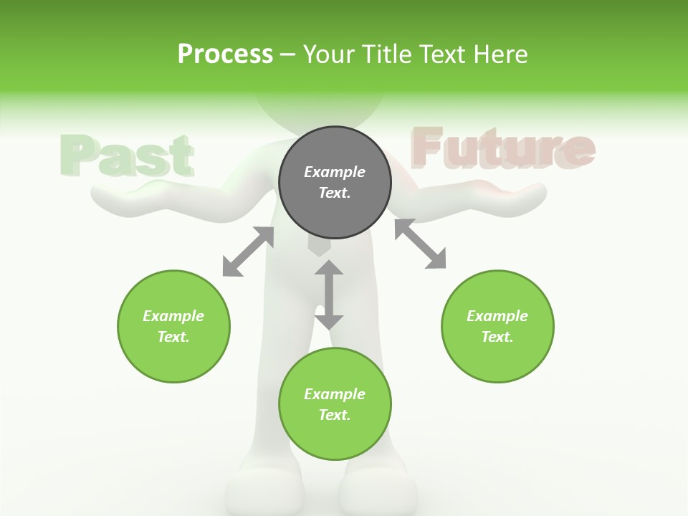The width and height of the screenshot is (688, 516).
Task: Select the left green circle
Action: [173, 326]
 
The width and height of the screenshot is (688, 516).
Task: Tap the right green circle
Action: [497, 326]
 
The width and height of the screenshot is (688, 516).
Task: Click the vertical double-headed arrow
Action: [329, 295]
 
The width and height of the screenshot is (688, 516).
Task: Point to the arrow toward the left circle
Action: [248, 252]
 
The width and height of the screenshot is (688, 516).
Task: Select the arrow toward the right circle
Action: [420, 244]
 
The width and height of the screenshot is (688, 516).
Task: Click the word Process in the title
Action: [225, 54]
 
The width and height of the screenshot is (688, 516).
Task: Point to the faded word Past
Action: [127, 156]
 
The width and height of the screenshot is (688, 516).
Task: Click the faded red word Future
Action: [502, 148]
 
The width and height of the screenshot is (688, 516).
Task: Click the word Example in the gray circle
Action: [335, 172]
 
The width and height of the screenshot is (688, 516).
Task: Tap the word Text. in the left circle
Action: [173, 337]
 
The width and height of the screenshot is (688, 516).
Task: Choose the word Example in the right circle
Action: [497, 316]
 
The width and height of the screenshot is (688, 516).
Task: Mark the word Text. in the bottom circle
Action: [335, 415]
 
